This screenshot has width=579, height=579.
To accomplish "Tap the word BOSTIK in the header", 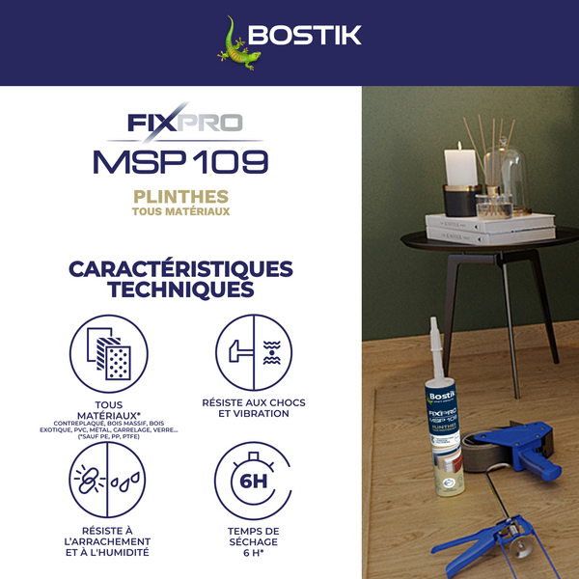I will (304, 37).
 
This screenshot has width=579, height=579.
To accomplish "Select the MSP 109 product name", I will (180, 159).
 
